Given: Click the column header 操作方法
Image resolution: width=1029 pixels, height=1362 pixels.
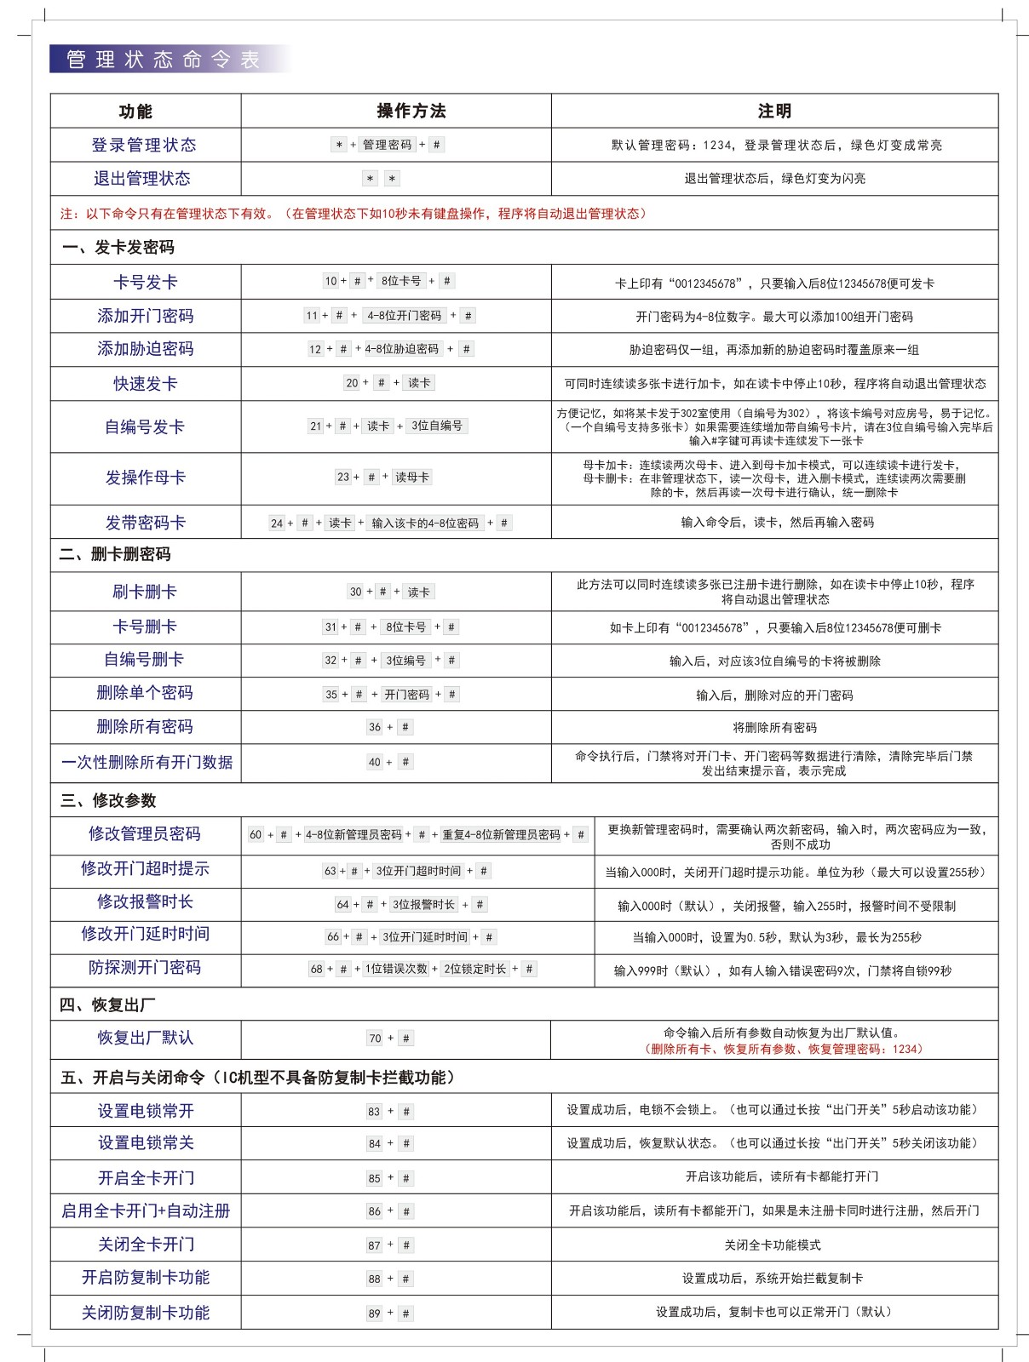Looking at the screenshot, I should point(411,111).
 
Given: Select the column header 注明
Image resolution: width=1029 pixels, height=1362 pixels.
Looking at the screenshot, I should point(774,111).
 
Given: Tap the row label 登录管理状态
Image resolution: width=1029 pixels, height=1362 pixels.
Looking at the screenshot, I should point(144,145).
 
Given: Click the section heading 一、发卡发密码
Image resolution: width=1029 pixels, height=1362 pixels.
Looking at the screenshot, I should point(118,247).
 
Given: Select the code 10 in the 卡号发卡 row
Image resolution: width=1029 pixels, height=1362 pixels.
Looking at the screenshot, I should point(331,281).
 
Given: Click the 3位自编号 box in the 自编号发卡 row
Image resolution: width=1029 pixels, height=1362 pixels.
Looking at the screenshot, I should point(437,426).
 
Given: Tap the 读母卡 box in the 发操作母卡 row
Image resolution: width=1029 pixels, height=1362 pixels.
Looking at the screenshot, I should point(412,477).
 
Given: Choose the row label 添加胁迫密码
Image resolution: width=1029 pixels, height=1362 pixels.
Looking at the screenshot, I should point(145,349).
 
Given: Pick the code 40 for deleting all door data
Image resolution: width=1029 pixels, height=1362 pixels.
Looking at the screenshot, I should point(374,762).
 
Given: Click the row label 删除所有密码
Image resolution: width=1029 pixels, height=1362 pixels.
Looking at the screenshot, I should point(145,727).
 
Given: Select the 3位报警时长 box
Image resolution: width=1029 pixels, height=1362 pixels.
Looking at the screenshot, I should point(423,904).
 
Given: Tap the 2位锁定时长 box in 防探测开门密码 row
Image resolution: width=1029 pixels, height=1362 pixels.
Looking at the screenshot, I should point(474,969).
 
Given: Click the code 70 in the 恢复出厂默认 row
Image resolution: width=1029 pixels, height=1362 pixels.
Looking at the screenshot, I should point(375,1039).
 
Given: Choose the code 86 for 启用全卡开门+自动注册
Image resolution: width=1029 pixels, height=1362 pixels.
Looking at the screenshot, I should point(375,1210).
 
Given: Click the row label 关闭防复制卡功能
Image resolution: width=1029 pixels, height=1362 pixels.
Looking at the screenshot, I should point(145,1313).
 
